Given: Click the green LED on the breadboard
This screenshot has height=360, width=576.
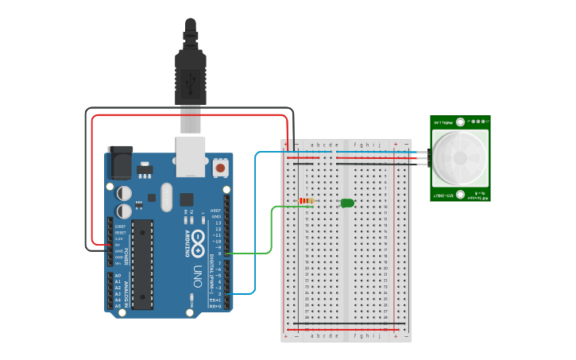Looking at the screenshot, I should pos(347,203).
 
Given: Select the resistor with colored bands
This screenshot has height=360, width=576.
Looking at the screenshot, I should pos(307,201).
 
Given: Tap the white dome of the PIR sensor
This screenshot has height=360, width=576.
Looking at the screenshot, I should pos(459,158).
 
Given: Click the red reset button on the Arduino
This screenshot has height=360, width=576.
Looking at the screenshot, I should pos(220,168).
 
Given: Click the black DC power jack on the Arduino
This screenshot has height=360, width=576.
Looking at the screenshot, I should pos(120,163).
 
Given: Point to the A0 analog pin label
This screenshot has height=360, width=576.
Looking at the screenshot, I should pos(118,275).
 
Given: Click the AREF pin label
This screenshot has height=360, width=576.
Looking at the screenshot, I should pos(215,211).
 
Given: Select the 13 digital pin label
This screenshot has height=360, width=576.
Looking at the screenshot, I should pos(217,223).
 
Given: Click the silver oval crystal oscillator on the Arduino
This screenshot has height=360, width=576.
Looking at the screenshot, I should pos(165,197).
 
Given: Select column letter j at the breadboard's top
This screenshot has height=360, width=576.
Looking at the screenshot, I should pos(379,145).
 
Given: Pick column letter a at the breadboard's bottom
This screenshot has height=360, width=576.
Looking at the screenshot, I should pos(312,335).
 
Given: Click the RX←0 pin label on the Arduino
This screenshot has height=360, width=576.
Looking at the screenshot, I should pos(214,306).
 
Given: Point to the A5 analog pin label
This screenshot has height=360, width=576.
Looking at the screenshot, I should pos(118,306).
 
